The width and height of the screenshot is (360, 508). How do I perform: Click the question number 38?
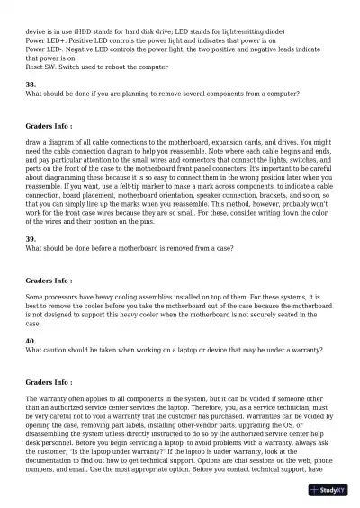coord(31,84)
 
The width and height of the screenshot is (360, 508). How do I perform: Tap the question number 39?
coord(31,238)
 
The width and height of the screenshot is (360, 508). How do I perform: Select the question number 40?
coord(31,341)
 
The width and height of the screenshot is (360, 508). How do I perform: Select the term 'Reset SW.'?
coord(42,67)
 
